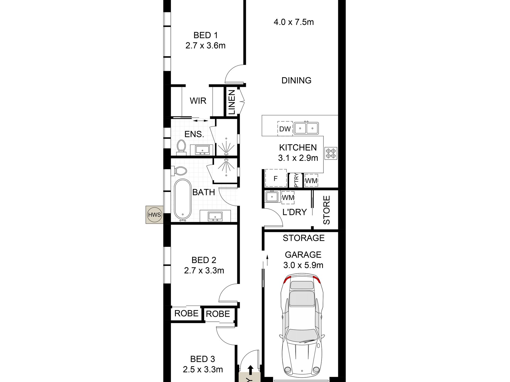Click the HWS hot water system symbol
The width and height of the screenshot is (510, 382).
(155, 215)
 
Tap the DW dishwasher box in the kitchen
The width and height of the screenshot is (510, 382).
(285, 129)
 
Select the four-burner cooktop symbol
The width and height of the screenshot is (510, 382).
(331, 153)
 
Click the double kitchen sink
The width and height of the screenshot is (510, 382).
(306, 128)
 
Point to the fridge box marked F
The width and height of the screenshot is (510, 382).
(276, 178)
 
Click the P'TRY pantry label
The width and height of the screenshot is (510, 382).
(296, 180)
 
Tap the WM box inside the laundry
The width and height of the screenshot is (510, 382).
(288, 198)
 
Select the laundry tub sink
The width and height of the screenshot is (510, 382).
(272, 197)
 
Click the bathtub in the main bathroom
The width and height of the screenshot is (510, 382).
(183, 199)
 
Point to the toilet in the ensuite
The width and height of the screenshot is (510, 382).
(181, 147)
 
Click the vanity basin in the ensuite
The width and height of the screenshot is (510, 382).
(202, 150)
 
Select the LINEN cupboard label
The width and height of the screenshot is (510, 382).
(231, 102)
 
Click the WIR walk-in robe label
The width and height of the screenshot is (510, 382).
(198, 101)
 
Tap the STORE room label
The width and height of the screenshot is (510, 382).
(326, 210)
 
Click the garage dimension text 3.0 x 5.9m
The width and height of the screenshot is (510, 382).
(303, 265)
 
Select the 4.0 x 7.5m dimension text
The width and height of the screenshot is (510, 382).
(294, 22)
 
